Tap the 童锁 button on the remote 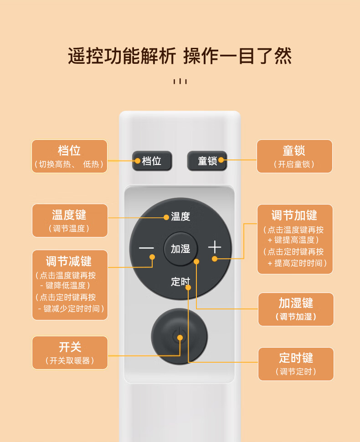click(207, 161)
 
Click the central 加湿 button click(180, 249)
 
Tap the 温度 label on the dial click(180, 216)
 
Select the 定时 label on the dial click(180, 281)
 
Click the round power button click(179, 336)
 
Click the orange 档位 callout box click(69, 156)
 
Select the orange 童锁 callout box click(294, 156)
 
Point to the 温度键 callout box click(70, 221)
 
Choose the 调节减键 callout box click(70, 285)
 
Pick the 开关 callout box click(70, 353)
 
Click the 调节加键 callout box click(295, 239)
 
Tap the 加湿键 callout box click(296, 309)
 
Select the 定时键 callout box click(296, 364)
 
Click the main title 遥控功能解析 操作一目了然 click(180, 56)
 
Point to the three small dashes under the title click(180, 82)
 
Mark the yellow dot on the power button click(180, 338)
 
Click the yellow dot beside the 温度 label click(166, 217)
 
